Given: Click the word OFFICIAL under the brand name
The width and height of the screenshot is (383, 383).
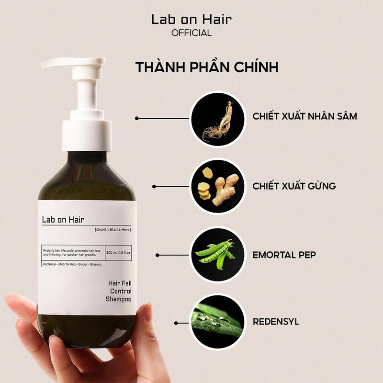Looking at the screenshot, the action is [191, 33].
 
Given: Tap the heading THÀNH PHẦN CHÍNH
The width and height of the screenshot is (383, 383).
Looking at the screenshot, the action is [207, 67].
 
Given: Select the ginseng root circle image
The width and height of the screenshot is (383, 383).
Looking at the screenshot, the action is [218, 119].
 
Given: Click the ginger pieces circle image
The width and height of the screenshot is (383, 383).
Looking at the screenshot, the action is [218, 187].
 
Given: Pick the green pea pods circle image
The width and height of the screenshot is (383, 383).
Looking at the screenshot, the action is [218, 255].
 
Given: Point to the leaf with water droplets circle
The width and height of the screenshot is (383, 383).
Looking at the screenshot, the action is [218, 322].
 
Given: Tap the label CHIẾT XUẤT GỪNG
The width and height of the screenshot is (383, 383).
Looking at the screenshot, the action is [294, 186].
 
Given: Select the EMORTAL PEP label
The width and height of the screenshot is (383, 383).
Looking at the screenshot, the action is [284, 255].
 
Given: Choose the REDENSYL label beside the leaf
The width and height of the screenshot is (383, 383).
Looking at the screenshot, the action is [276, 322].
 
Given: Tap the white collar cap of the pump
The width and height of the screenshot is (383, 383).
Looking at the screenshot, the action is [87, 135].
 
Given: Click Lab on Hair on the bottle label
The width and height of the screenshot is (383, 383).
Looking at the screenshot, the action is [63, 220].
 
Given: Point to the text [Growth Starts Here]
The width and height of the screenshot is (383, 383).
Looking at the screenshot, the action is [113, 230].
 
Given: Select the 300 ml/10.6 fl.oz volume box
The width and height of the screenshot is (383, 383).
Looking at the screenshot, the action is [118, 253].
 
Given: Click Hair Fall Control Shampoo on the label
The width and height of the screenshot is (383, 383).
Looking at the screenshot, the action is [119, 291].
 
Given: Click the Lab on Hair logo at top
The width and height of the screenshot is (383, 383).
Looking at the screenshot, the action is [191, 20].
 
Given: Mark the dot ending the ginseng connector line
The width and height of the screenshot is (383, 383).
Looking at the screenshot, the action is [137, 118].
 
